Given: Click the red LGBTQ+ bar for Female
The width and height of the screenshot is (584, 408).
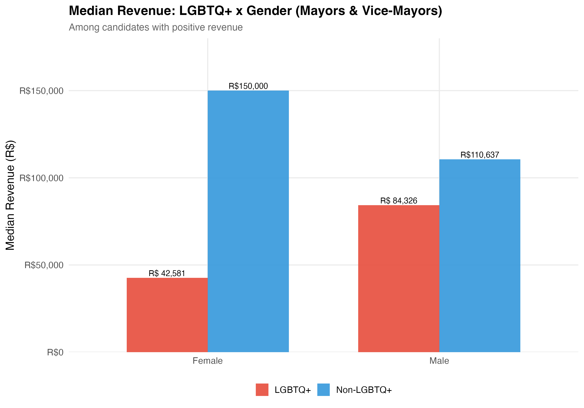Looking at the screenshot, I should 167,315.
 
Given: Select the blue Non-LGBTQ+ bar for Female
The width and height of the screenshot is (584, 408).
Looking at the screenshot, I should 248,221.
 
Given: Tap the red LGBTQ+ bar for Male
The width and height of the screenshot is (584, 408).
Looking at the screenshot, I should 398,279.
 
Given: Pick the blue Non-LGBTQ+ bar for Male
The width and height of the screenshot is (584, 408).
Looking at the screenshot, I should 480,255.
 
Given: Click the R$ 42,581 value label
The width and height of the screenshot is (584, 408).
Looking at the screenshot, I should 167,273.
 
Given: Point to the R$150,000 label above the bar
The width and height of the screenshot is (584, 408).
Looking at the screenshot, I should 248,86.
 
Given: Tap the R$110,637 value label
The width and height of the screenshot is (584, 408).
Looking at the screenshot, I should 480,155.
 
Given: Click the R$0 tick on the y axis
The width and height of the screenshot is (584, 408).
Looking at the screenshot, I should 55,352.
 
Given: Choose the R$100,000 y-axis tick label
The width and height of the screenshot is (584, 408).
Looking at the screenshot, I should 41,178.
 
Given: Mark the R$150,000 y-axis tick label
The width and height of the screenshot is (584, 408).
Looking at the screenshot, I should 41,91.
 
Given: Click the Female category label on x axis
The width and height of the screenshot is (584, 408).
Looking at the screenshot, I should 208,361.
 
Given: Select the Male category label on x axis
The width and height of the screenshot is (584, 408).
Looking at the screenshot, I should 439,361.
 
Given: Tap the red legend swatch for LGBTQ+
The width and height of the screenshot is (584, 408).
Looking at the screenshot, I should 262,390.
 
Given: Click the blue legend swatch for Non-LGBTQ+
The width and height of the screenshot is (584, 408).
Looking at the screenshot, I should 324,390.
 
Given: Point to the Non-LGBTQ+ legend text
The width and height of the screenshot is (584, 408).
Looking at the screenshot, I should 364,390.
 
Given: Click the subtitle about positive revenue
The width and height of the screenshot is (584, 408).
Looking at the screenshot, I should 156,27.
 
